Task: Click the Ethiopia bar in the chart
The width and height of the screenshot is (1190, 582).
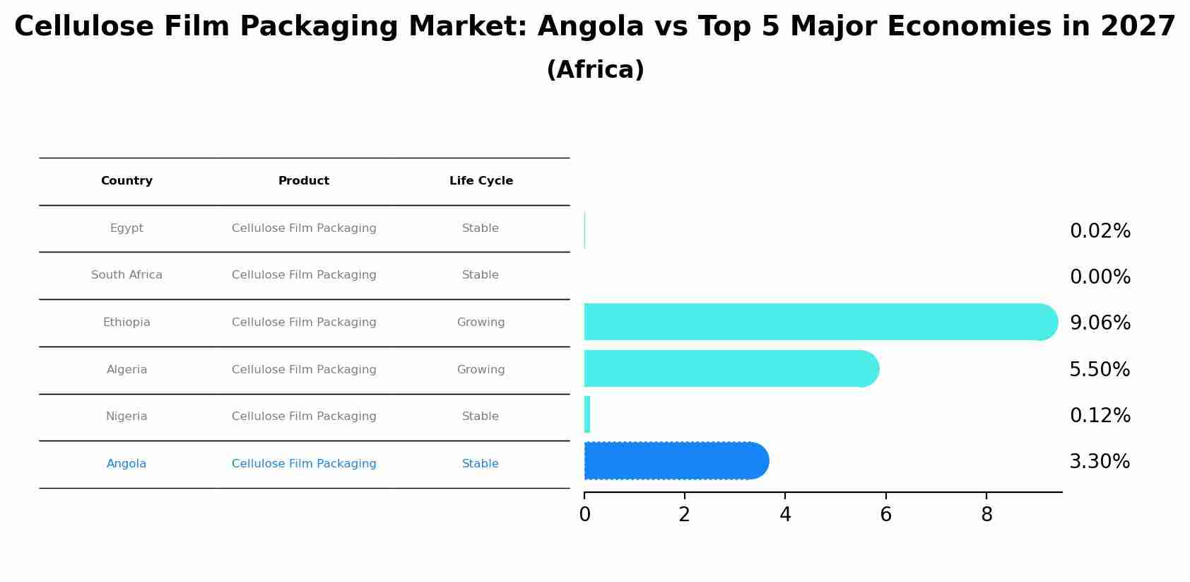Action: tap(813, 322)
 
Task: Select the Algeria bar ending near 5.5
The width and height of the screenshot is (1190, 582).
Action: tap(728, 368)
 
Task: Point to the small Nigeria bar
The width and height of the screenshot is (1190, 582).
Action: tap(587, 414)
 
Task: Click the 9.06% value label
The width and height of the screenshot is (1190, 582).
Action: tap(1100, 323)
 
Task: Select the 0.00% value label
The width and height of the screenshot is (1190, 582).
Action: tap(1100, 277)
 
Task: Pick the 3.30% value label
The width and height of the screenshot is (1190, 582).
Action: tap(1100, 462)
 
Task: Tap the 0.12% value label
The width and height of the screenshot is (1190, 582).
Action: tap(1100, 416)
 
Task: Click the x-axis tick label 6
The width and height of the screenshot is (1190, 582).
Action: tap(885, 515)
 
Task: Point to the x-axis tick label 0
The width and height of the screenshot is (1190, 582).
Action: tap(584, 515)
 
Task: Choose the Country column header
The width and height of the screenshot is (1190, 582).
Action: tap(126, 181)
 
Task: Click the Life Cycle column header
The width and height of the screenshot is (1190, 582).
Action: tap(481, 181)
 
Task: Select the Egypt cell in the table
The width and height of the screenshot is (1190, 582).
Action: tap(126, 228)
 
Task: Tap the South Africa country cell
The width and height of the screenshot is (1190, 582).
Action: tap(126, 275)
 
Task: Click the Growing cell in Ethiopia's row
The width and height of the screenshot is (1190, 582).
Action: tap(481, 322)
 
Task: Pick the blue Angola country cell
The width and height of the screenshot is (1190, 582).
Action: tap(126, 464)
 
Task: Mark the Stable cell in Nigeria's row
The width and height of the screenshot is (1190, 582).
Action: tap(481, 417)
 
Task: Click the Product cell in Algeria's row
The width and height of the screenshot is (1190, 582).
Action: tap(304, 370)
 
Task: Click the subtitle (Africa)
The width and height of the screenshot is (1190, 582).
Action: tap(595, 70)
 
